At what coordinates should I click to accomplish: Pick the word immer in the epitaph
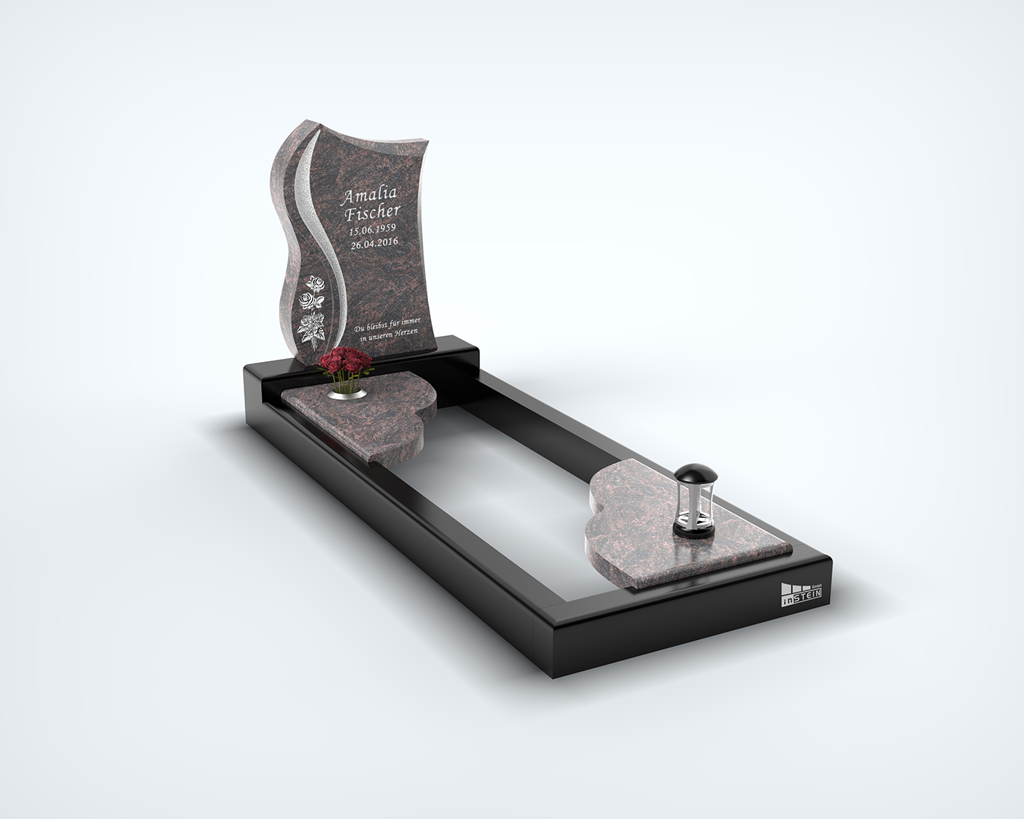[409, 323]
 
